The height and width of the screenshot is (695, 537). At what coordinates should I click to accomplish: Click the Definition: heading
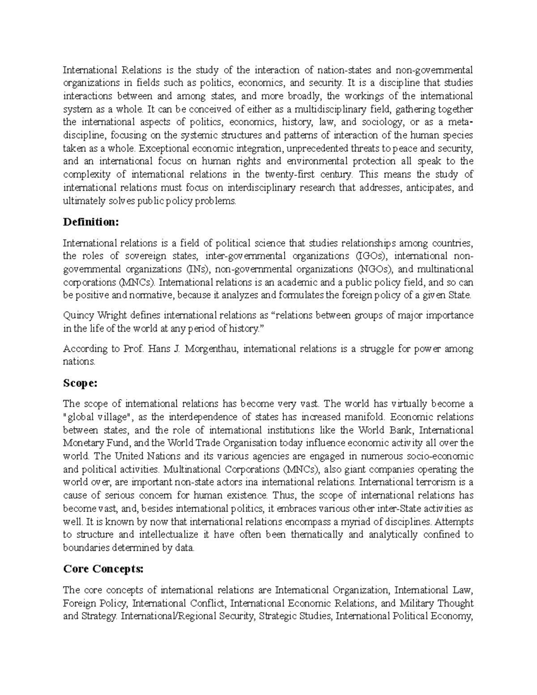pos(91,222)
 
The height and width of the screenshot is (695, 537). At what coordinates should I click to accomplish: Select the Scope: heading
pos(80,384)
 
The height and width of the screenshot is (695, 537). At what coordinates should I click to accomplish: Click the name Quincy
pos(78,316)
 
